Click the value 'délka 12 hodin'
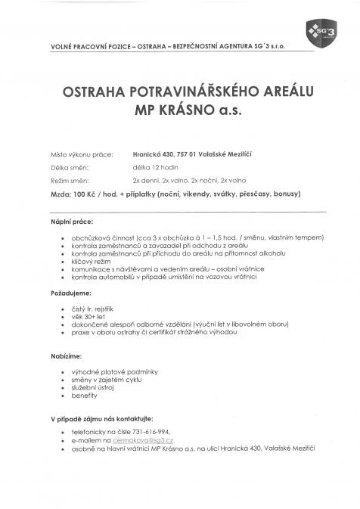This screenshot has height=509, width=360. [155, 168]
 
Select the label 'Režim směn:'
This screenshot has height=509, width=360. [67, 182]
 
